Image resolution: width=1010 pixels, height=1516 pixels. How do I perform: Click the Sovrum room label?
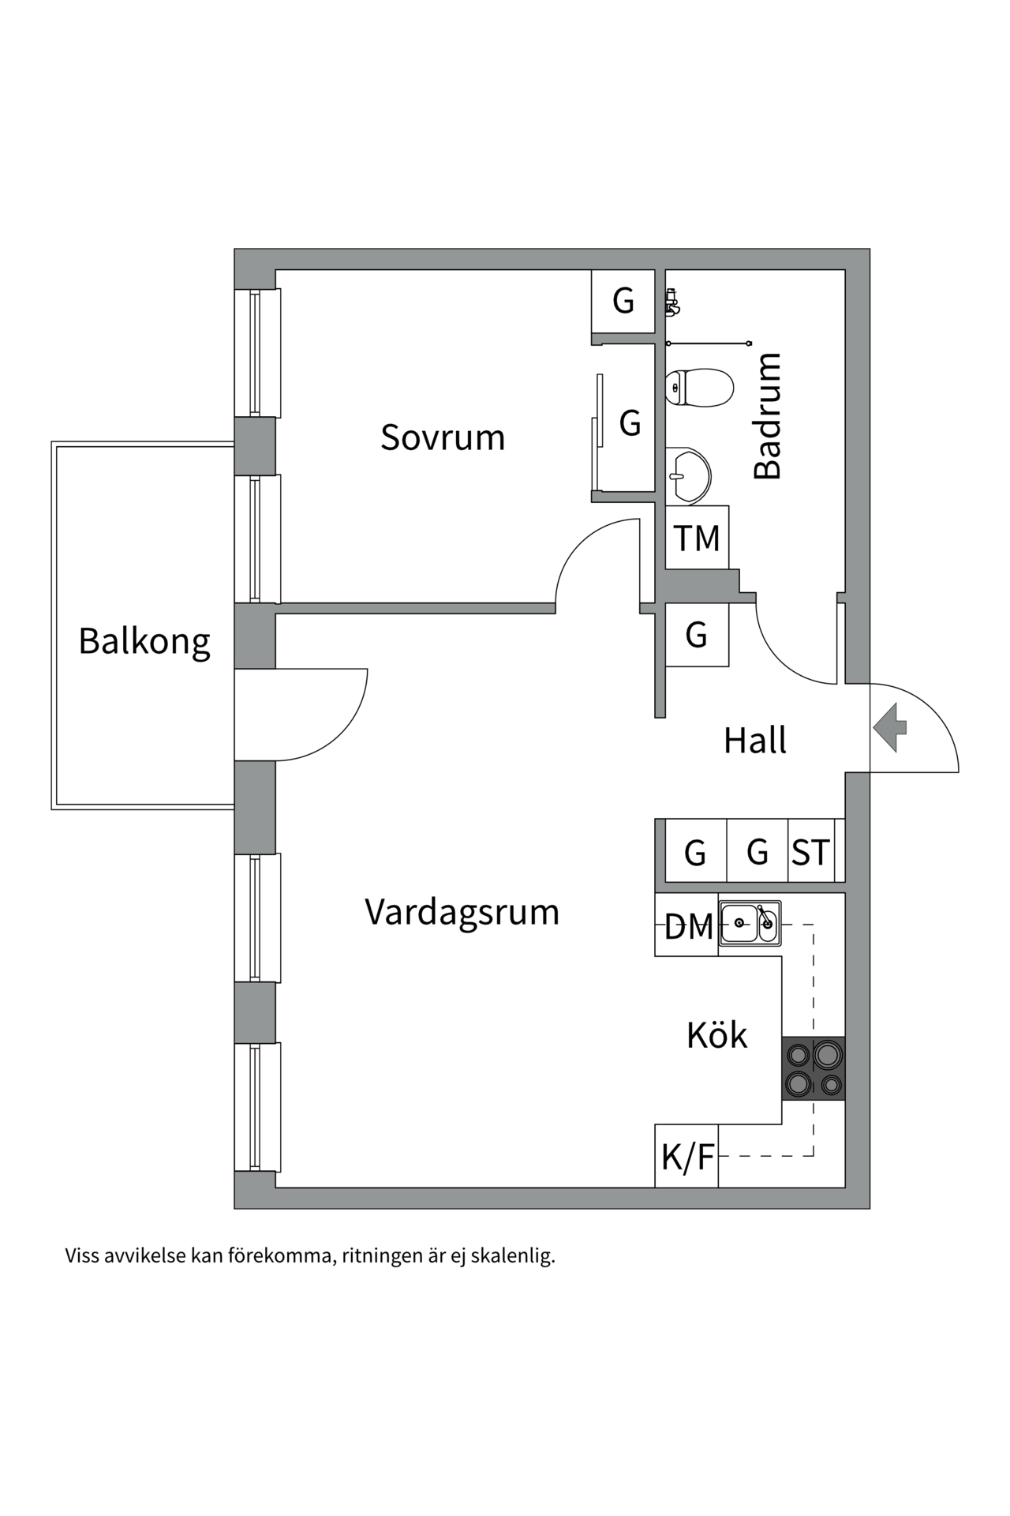click(443, 437)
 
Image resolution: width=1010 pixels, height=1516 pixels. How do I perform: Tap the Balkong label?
click(144, 641)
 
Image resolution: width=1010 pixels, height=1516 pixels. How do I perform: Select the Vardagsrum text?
click(462, 912)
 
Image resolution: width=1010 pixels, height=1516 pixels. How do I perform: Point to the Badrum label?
click(767, 416)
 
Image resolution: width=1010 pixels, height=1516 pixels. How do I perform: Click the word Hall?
click(755, 741)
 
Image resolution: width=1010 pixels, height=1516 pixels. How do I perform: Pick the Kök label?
click(716, 1035)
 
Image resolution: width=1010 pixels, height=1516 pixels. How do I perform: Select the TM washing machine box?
click(697, 538)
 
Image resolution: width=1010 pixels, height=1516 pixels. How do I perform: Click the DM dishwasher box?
click(687, 926)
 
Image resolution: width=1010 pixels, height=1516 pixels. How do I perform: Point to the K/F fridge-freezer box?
click(687, 1157)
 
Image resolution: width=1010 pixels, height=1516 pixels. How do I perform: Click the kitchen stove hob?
click(813, 1068)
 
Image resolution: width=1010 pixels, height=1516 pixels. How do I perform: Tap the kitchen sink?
click(750, 922)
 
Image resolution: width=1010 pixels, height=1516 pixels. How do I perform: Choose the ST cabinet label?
click(811, 853)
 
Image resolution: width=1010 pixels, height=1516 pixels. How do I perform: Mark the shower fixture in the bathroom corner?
click(672, 302)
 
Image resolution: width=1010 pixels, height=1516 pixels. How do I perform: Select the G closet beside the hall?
click(696, 635)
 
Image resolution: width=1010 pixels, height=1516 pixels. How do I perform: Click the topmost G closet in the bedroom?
click(623, 301)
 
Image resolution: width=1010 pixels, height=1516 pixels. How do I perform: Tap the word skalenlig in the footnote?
click(513, 1256)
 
